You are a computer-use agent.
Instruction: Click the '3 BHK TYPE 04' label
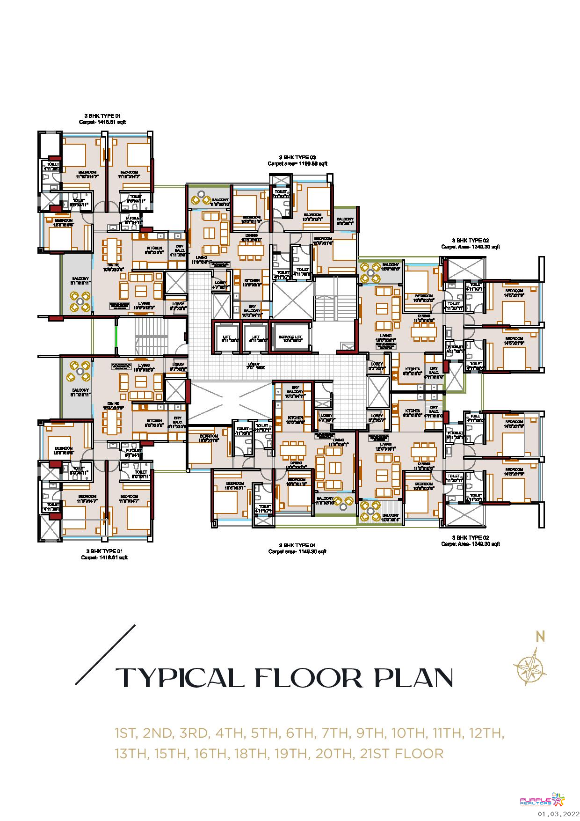tap(297, 545)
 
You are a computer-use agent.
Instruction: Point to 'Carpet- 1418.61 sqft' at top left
tap(102, 122)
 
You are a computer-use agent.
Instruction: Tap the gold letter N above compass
tap(541, 637)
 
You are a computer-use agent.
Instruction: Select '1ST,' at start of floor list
tap(125, 733)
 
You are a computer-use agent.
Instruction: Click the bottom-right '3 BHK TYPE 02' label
tap(470, 538)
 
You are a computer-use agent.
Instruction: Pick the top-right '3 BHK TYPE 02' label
tap(470, 240)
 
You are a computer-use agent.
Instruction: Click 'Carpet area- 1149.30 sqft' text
tap(297, 552)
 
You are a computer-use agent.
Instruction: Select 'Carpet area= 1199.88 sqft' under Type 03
tap(297, 164)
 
